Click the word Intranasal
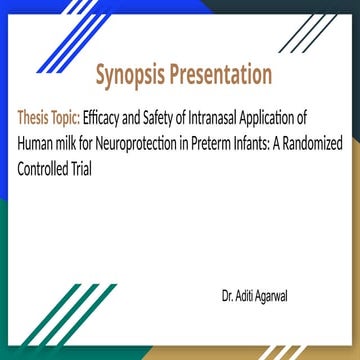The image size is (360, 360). pyautogui.click(x=210, y=116)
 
